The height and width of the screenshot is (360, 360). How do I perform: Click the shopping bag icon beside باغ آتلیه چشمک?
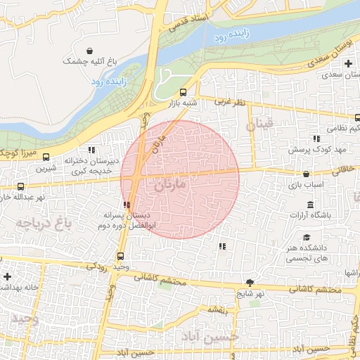pyautogui.click(x=91, y=51)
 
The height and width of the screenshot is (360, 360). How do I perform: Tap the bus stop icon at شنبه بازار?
pyautogui.click(x=183, y=91)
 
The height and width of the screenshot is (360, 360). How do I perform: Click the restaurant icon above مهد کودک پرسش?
pyautogui.click(x=316, y=139)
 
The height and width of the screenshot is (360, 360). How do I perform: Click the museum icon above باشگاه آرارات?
pyautogui.click(x=302, y=204)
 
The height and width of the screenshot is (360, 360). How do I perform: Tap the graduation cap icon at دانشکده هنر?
pyautogui.click(x=307, y=238)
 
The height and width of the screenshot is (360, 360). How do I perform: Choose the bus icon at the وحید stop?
pyautogui.click(x=121, y=256)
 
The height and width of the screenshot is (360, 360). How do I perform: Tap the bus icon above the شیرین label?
pyautogui.click(x=46, y=157)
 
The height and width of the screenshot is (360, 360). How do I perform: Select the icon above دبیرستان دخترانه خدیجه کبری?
pyautogui.click(x=91, y=150)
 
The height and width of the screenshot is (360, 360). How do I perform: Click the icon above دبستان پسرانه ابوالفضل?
pyautogui.click(x=127, y=205)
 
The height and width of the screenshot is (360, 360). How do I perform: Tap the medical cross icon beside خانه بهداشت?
pyautogui.click(x=7, y=276)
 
